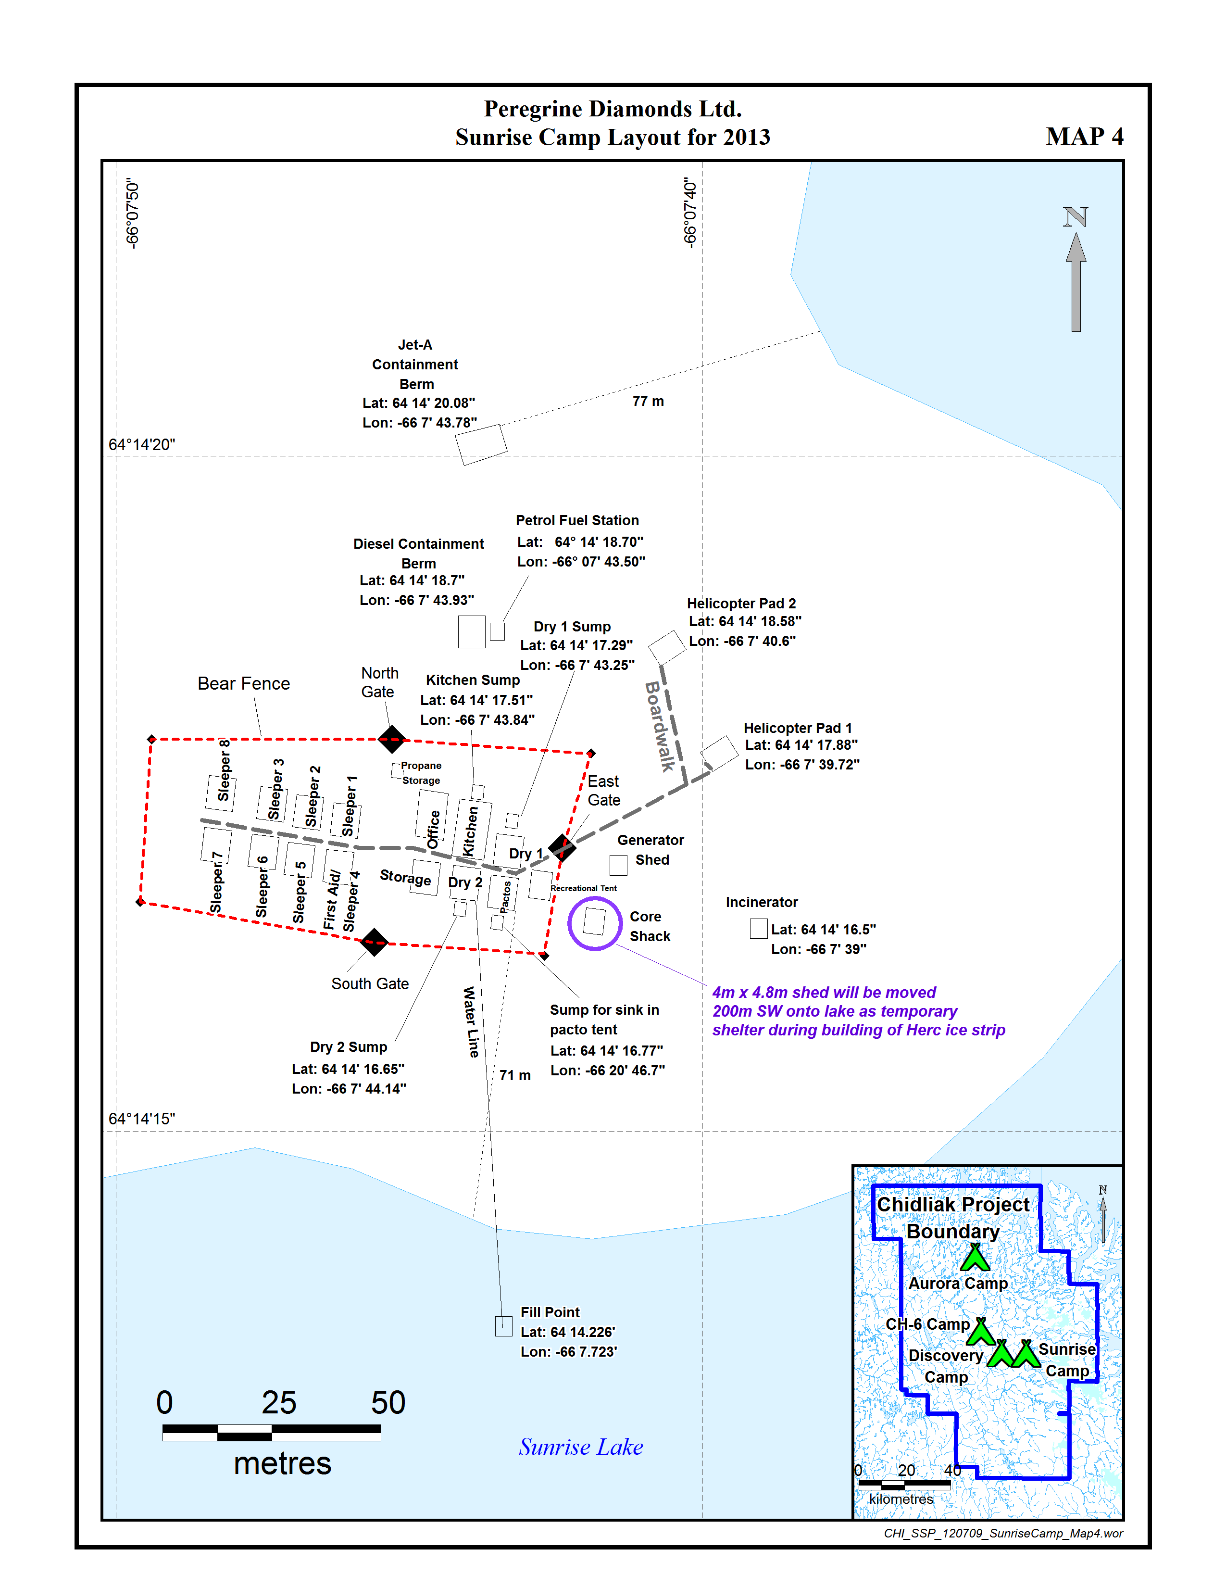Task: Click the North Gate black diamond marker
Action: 391,739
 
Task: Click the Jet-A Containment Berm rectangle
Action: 481,444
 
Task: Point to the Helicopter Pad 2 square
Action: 667,647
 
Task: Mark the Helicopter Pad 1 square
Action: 719,753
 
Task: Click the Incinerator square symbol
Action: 758,929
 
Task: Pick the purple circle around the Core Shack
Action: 594,923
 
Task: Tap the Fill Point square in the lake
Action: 503,1326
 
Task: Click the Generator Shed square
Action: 618,865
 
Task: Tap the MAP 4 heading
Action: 1084,137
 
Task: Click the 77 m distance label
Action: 648,401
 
